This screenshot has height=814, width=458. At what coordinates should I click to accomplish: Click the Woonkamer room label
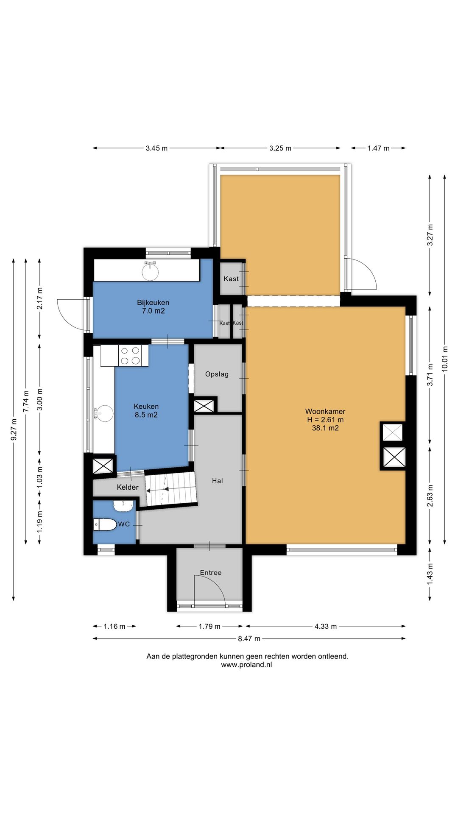pyautogui.click(x=325, y=411)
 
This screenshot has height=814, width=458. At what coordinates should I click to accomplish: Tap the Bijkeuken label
pyautogui.click(x=153, y=303)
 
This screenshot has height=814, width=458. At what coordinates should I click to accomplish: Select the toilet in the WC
pyautogui.click(x=105, y=524)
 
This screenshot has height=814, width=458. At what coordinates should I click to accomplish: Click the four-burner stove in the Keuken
pyautogui.click(x=130, y=356)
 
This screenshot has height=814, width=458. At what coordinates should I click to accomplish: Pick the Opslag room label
pyautogui.click(x=217, y=374)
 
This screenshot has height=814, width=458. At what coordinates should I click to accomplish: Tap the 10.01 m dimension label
pyautogui.click(x=445, y=359)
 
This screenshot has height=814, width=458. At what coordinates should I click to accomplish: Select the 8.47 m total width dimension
pyautogui.click(x=249, y=638)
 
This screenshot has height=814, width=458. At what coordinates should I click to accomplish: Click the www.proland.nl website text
pyautogui.click(x=246, y=665)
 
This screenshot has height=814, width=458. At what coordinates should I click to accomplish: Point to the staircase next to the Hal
pyautogui.click(x=171, y=489)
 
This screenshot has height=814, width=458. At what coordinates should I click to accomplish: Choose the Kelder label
pyautogui.click(x=128, y=488)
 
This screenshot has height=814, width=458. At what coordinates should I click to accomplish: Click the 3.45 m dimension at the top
pyautogui.click(x=156, y=148)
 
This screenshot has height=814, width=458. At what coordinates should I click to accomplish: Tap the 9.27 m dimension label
pyautogui.click(x=14, y=429)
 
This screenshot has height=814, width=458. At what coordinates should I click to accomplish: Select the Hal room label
pyautogui.click(x=218, y=481)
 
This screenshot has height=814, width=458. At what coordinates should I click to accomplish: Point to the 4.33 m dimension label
pyautogui.click(x=326, y=627)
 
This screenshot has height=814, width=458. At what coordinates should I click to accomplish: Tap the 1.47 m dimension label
pyautogui.click(x=378, y=148)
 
